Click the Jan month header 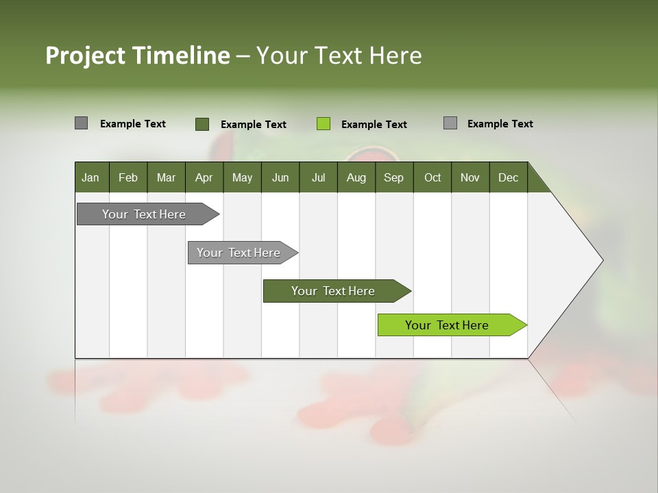coord(90,177)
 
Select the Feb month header coord(128,177)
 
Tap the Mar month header coord(166,177)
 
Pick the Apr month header coord(204,177)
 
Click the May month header coord(242,177)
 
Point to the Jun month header coord(280,177)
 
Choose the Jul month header coord(318,177)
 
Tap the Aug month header coord(356,177)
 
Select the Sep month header coord(393,177)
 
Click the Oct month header coord(432,177)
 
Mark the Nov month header coord(470,177)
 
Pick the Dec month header coord(508,177)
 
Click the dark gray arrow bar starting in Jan coord(145,214)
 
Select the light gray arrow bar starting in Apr coord(239,253)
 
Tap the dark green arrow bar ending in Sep coord(334,291)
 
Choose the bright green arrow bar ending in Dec coord(448,325)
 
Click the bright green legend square coord(324,124)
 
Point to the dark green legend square coord(202,124)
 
